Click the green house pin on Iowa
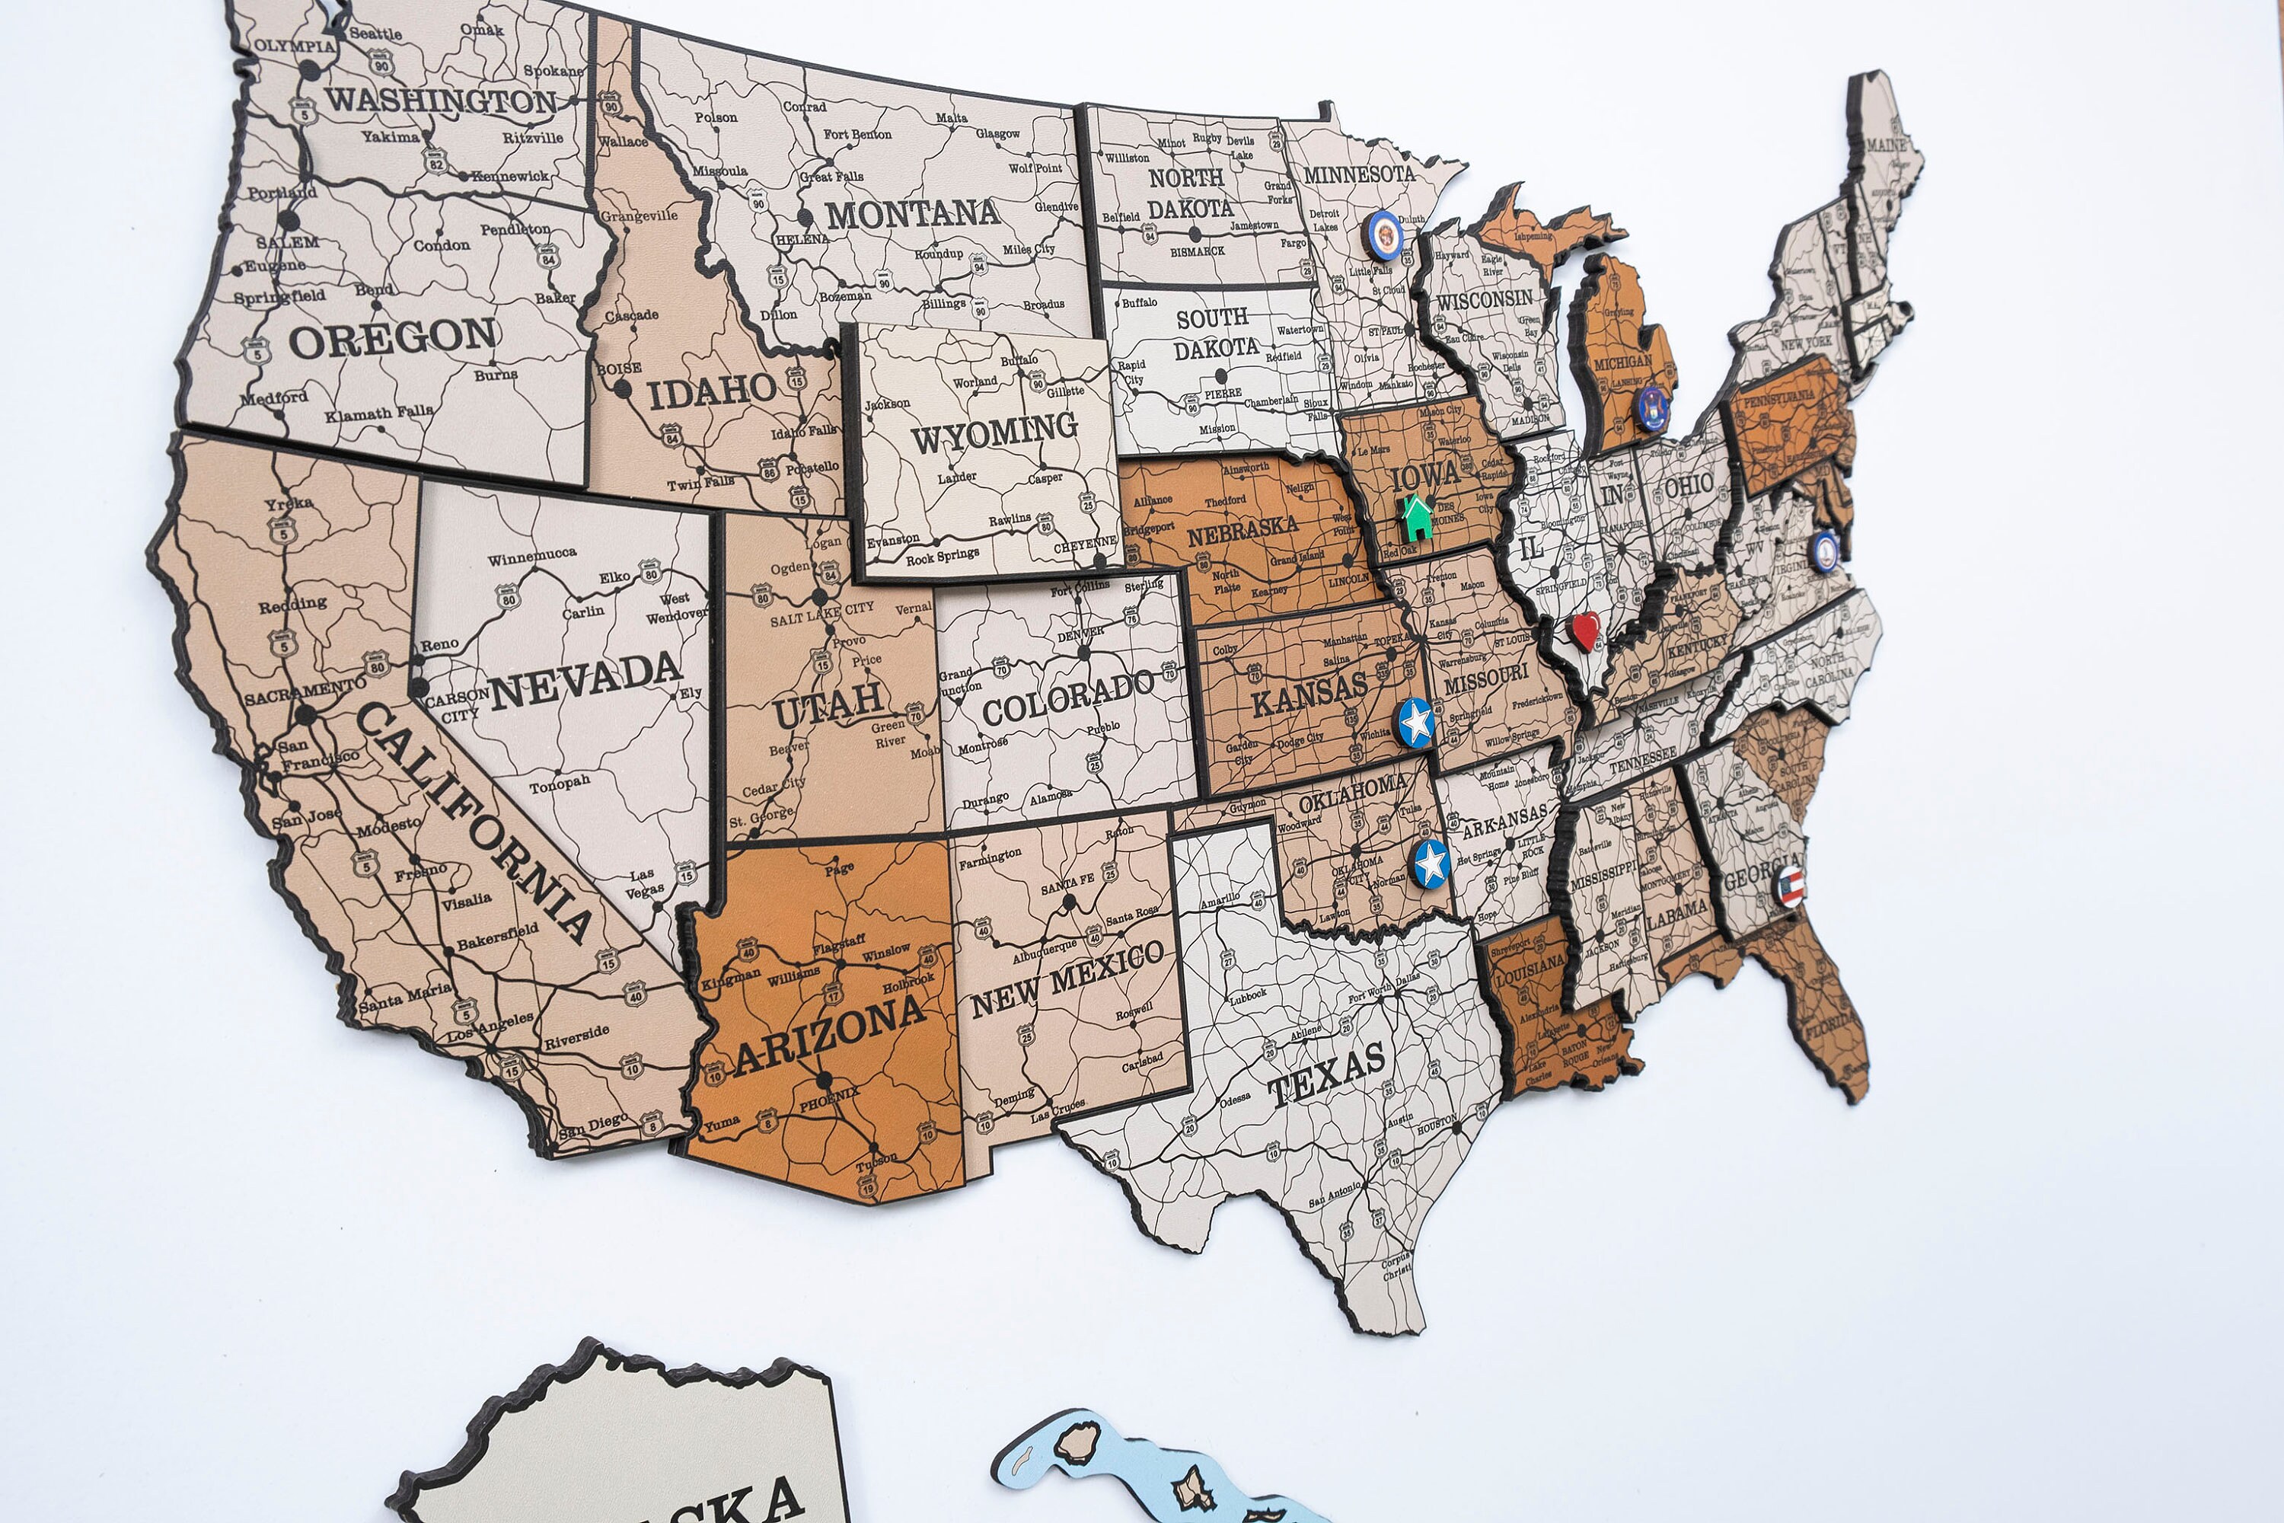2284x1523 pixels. click(1417, 518)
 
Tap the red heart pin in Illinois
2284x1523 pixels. click(1586, 631)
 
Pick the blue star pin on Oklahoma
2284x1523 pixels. click(1431, 863)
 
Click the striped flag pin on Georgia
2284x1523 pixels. click(1791, 886)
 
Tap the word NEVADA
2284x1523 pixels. click(585, 680)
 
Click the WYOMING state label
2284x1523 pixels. click(994, 433)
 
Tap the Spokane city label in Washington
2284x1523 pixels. click(553, 71)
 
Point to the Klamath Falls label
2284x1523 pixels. click(378, 413)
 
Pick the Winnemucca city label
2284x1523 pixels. click(531, 557)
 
